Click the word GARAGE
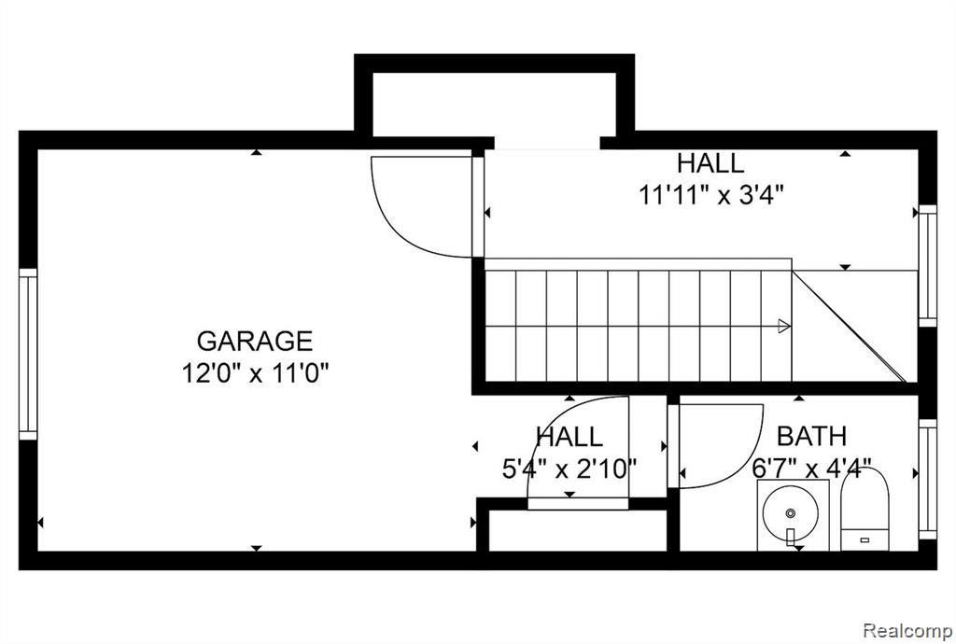click(255, 342)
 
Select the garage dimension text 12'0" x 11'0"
click(256, 373)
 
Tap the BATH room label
click(811, 436)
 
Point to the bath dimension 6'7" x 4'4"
click(811, 469)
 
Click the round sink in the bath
click(791, 513)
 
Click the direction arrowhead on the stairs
click(784, 326)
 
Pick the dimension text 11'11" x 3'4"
click(710, 196)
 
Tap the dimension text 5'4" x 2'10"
click(569, 469)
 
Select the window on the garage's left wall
click(28, 354)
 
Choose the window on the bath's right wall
click(927, 479)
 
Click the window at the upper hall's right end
click(927, 266)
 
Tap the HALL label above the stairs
click(710, 163)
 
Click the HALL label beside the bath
click(569, 436)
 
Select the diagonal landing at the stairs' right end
click(854, 326)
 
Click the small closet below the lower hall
click(578, 530)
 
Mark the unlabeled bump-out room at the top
click(495, 104)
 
